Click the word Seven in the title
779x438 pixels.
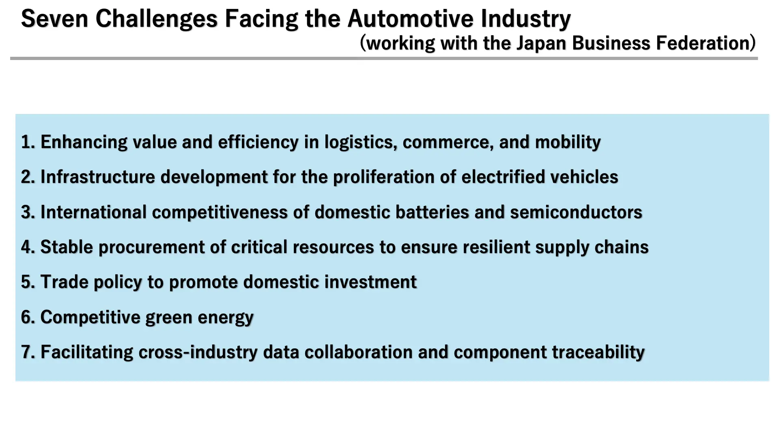[x=54, y=19]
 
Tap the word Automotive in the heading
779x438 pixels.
[x=411, y=19]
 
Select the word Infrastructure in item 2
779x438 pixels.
[x=98, y=177]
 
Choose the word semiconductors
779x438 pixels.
[x=576, y=212]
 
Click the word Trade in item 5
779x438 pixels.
[x=65, y=282]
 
